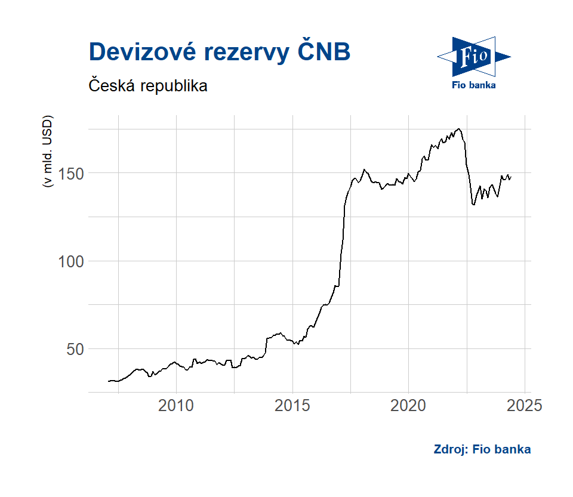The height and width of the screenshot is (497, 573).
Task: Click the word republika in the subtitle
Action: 175,86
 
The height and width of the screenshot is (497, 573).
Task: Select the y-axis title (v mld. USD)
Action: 48,151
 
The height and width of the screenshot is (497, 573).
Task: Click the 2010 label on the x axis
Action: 176,407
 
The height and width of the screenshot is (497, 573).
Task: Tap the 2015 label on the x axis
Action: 292,407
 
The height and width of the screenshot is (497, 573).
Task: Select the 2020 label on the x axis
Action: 408,407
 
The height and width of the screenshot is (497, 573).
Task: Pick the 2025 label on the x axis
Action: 524,407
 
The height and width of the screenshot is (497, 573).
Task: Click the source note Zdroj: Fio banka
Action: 482,449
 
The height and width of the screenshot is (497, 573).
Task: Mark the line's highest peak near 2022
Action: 458,128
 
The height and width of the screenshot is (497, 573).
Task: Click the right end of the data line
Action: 512,177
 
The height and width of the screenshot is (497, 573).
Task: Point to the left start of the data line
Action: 108,381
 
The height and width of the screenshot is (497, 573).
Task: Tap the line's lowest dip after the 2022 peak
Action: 473,205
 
